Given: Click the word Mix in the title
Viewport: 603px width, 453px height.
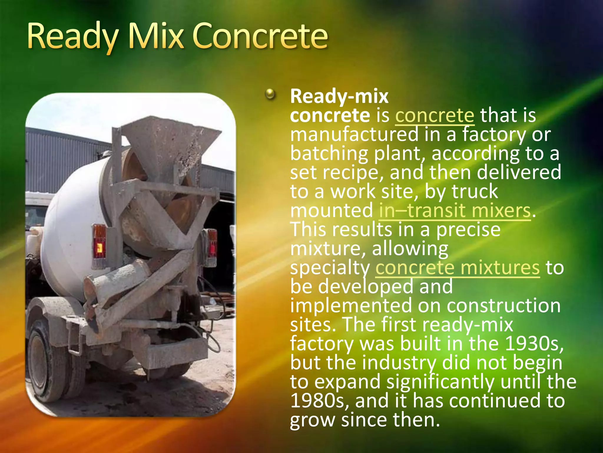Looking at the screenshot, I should click(x=156, y=37).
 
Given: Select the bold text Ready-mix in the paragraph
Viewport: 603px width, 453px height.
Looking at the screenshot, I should click(x=339, y=96).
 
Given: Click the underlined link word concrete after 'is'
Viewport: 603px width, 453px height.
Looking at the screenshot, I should click(x=434, y=115).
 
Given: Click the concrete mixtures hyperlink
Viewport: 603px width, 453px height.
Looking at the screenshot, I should click(x=457, y=268).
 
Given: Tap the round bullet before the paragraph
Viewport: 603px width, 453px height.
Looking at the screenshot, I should click(x=270, y=95).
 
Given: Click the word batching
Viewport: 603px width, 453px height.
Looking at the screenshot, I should click(x=329, y=154).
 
